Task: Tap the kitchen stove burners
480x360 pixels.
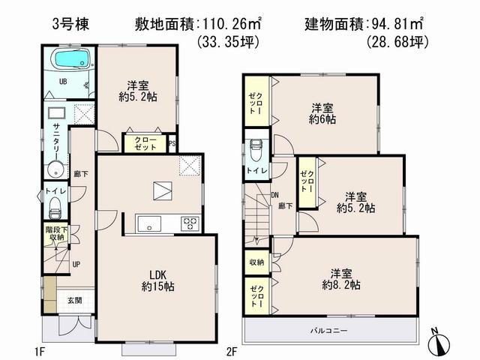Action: click(x=190, y=222)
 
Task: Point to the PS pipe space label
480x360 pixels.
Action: click(x=172, y=145)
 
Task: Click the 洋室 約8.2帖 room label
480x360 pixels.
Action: click(x=341, y=280)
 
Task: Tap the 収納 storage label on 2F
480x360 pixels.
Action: click(x=256, y=262)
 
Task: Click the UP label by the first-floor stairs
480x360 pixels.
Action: click(x=76, y=265)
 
